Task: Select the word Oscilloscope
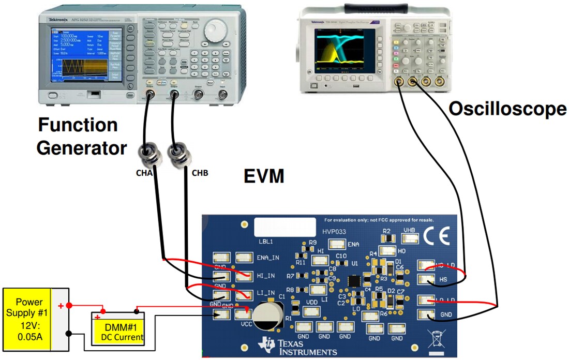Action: (507, 109)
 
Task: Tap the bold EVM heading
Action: (264, 177)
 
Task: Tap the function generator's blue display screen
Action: (85, 53)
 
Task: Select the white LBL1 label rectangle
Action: (284, 227)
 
